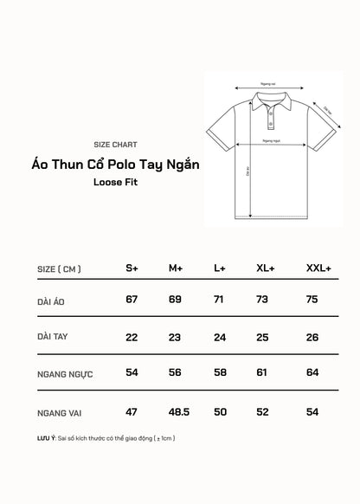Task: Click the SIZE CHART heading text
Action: (114, 145)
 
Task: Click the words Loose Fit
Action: (115, 183)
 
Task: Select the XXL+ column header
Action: (318, 269)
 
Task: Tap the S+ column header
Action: (132, 269)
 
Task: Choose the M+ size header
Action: (175, 269)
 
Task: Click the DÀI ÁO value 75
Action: (313, 300)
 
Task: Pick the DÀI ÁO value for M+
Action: (175, 300)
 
